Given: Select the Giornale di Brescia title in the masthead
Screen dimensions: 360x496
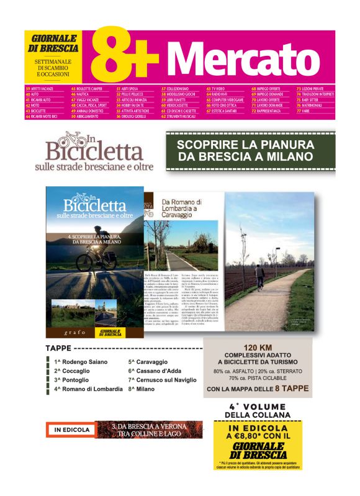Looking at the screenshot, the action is point(55,43).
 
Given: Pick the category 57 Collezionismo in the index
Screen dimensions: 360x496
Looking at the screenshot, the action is point(176,89).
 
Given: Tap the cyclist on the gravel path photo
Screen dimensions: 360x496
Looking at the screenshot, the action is point(259,274).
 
